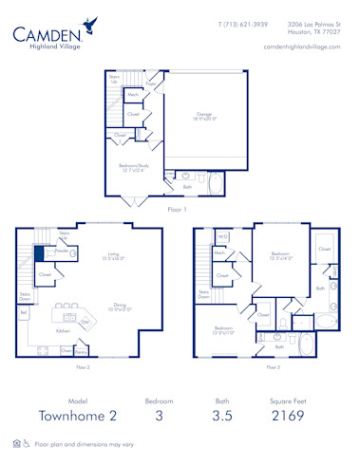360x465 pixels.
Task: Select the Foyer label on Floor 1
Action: tap(150, 84)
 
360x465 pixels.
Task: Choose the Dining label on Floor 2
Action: tap(120, 307)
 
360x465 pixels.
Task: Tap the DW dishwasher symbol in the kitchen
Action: tap(85, 323)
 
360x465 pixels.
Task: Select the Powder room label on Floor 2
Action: tap(59, 251)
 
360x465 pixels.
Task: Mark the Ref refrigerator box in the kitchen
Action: tap(24, 311)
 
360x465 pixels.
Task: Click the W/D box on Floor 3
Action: tap(220, 237)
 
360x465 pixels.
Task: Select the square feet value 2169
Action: tap(286, 416)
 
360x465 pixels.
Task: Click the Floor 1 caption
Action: tap(176, 210)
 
